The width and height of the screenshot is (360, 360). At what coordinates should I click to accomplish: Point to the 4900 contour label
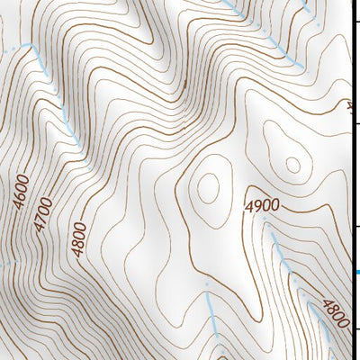(261, 206)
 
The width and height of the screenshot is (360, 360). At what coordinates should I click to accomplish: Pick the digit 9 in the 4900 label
(256, 206)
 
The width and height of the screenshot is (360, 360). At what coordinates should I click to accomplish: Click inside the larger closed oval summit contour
(208, 188)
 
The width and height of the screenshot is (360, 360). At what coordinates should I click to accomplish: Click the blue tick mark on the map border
(356, 272)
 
